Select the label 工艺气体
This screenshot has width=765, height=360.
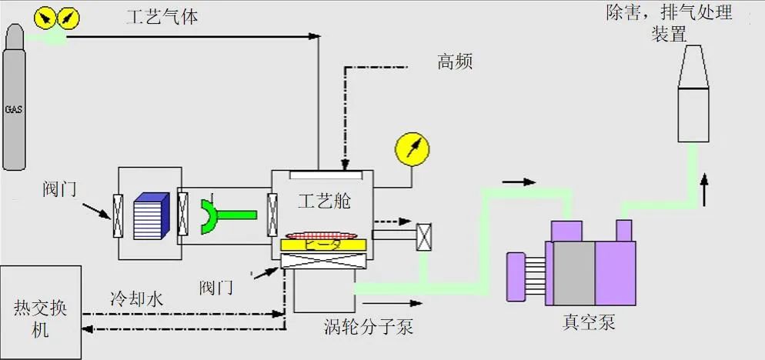click(x=162, y=16)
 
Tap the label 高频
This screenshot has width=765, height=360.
click(x=454, y=62)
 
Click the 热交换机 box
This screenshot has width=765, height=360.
click(x=41, y=312)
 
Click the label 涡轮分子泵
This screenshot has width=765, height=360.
click(x=369, y=327)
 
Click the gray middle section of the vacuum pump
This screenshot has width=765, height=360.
click(x=573, y=266)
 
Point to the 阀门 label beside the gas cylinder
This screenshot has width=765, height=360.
click(x=60, y=188)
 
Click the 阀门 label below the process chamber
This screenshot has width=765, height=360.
click(x=217, y=287)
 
